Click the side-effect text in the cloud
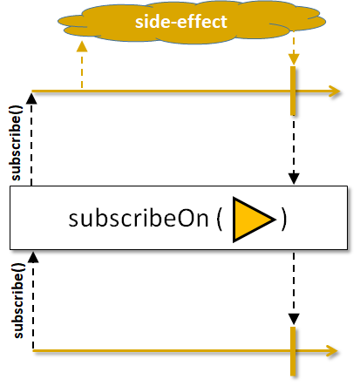[x=180, y=22]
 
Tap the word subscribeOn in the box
[x=139, y=219]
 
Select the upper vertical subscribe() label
[x=16, y=143]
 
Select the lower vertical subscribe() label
[x=18, y=301]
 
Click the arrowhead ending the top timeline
[x=334, y=91]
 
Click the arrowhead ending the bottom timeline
[x=331, y=351]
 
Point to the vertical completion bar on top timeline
[x=293, y=91]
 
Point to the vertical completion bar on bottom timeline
[x=293, y=351]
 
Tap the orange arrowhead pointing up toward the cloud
[x=82, y=46]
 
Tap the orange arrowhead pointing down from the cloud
[x=294, y=59]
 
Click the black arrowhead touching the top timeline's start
[x=31, y=98]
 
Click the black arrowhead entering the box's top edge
[x=294, y=179]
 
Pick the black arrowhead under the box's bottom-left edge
[x=33, y=257]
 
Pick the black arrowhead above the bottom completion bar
[x=294, y=319]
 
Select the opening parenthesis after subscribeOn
[x=220, y=220]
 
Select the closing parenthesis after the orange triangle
[x=284, y=220]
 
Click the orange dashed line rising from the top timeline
[x=82, y=70]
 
